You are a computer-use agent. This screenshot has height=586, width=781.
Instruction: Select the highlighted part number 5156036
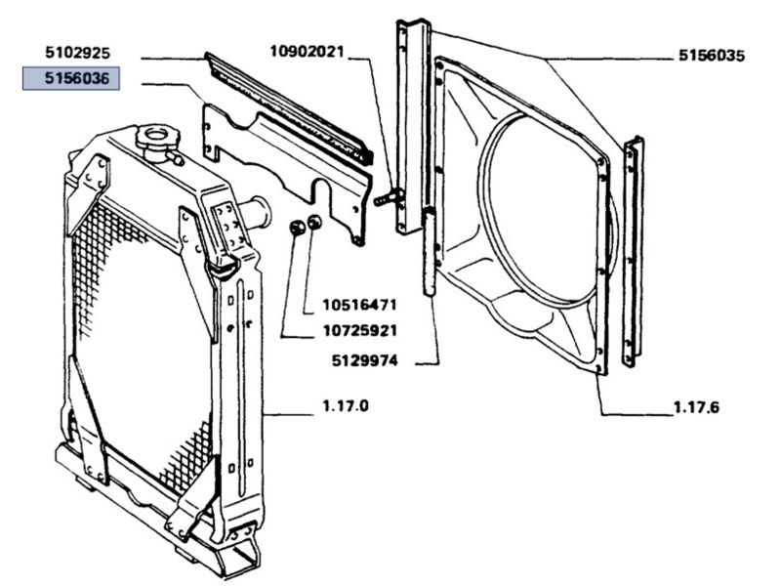[71, 78]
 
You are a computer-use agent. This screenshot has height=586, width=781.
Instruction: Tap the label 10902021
[306, 52]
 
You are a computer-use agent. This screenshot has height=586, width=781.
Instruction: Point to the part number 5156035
[712, 57]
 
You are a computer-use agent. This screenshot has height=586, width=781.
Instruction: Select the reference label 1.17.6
[694, 407]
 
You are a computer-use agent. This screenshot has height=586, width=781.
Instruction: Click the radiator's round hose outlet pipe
[258, 212]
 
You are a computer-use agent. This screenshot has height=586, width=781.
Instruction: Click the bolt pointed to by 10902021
[388, 197]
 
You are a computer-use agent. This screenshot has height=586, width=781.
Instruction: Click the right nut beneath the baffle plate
[314, 224]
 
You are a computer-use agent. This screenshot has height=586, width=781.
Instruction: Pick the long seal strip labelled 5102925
[293, 107]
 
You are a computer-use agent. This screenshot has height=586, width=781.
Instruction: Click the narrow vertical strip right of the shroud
[632, 249]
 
